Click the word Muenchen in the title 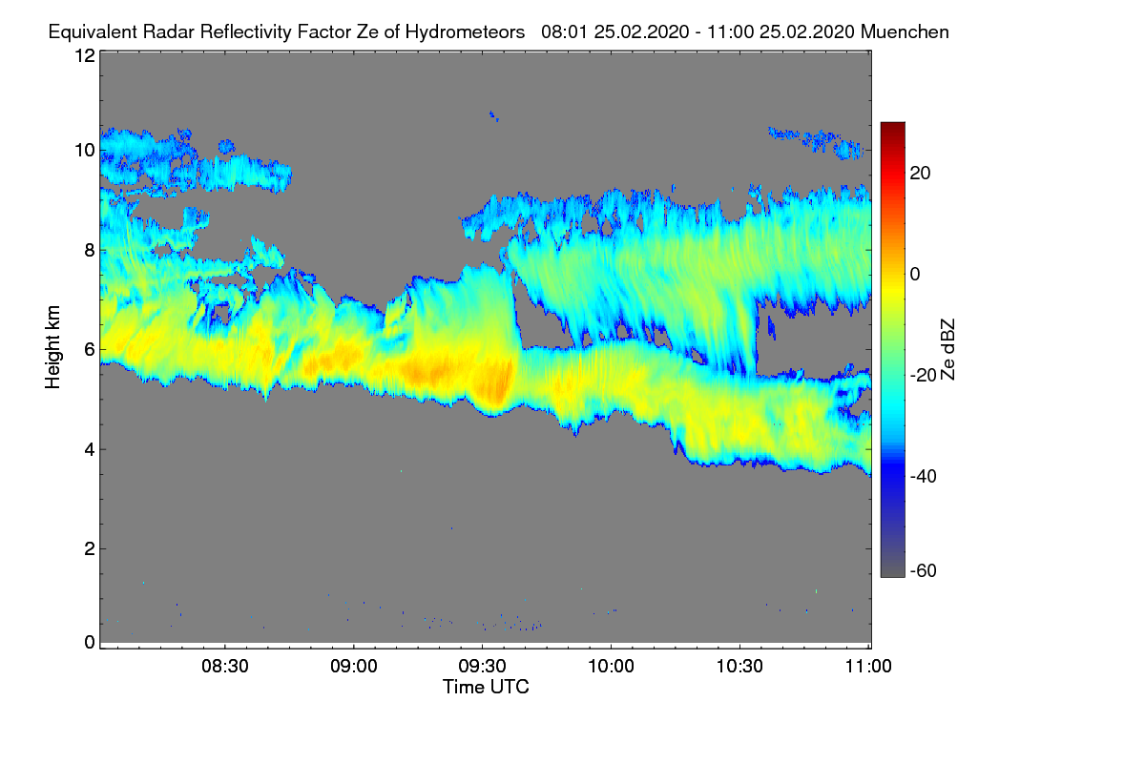904,31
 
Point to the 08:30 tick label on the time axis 225,668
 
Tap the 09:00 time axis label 354,668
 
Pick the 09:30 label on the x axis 483,668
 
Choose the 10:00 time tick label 612,668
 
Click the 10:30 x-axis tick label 740,668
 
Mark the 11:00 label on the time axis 868,668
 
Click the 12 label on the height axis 84,55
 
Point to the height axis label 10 84,151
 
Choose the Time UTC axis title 486,687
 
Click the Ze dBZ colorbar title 948,349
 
